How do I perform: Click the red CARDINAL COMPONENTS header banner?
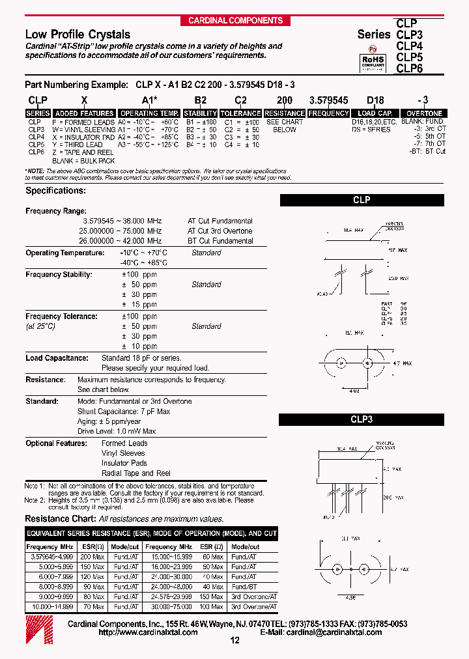(x=235, y=21)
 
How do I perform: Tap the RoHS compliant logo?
(x=373, y=60)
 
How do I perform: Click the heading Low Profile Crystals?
(x=78, y=35)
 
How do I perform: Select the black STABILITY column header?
(x=201, y=113)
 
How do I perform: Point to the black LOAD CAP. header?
(x=375, y=113)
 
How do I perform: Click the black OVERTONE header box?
(x=425, y=113)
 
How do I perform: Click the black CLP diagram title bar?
(x=362, y=200)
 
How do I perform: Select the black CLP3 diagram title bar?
(x=362, y=420)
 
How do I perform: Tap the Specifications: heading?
(x=55, y=191)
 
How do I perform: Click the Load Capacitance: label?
(x=57, y=358)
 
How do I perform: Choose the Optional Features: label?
(x=56, y=443)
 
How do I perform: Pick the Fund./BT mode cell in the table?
(x=244, y=587)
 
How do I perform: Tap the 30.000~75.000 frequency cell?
(x=169, y=606)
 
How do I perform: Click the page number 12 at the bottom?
(x=235, y=641)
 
